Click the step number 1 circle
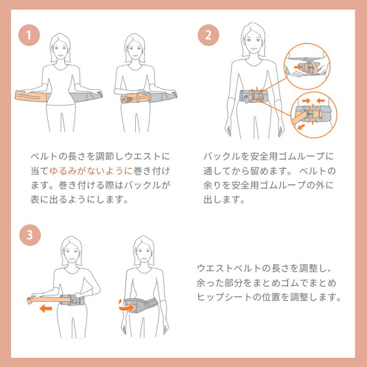(x=29, y=35)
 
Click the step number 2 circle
(x=209, y=35)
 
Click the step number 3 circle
(x=30, y=235)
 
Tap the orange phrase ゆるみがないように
(x=91, y=171)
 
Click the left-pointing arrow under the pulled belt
(x=46, y=308)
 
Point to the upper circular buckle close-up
(x=307, y=66)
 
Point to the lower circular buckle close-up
(x=314, y=115)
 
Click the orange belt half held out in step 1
(x=33, y=96)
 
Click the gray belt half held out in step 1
(x=86, y=96)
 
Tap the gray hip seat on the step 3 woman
(x=141, y=305)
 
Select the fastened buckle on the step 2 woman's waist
(x=256, y=96)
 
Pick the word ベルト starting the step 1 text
(x=44, y=156)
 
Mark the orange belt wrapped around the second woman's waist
(x=136, y=98)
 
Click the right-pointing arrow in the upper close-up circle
(x=298, y=67)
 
